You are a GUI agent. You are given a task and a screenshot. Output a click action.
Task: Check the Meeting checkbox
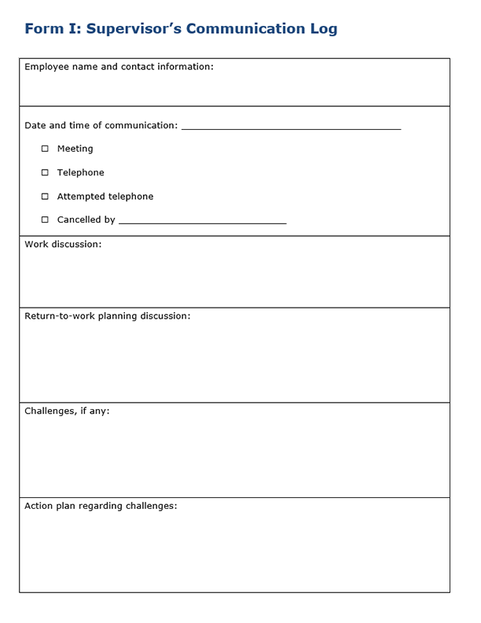click(x=45, y=149)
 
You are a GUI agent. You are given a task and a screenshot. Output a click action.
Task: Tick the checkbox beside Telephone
click(x=45, y=172)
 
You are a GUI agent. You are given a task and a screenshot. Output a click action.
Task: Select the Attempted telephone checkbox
click(x=45, y=197)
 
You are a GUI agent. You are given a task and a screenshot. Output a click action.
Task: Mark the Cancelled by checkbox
click(x=45, y=220)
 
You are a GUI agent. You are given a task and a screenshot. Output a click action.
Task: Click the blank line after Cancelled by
click(x=202, y=222)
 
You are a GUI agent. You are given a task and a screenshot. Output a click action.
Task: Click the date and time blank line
click(x=291, y=127)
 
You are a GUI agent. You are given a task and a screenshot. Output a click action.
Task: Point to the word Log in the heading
click(x=323, y=29)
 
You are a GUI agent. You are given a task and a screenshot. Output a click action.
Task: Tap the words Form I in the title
click(x=52, y=29)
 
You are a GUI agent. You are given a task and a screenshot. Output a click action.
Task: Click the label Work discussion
click(x=63, y=245)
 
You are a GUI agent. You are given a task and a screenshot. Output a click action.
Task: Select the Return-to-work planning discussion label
click(x=107, y=316)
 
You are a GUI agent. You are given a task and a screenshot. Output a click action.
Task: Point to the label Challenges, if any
click(x=67, y=411)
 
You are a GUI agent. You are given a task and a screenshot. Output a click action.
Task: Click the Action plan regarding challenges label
click(x=101, y=506)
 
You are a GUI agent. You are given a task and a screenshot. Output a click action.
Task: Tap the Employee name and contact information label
click(x=119, y=67)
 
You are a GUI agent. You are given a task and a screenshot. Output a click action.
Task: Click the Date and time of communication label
click(x=101, y=126)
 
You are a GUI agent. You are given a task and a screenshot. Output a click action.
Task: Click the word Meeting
click(x=75, y=149)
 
